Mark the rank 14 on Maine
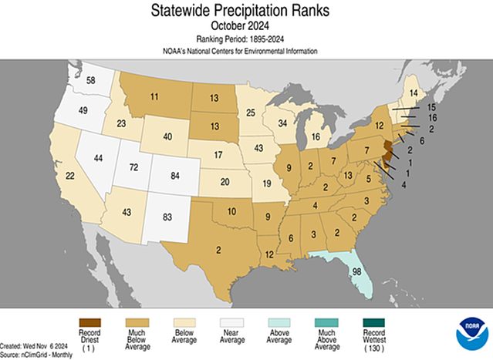[414, 93]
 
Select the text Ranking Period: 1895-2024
[246, 39]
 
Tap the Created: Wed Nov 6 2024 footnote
[36, 346]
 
